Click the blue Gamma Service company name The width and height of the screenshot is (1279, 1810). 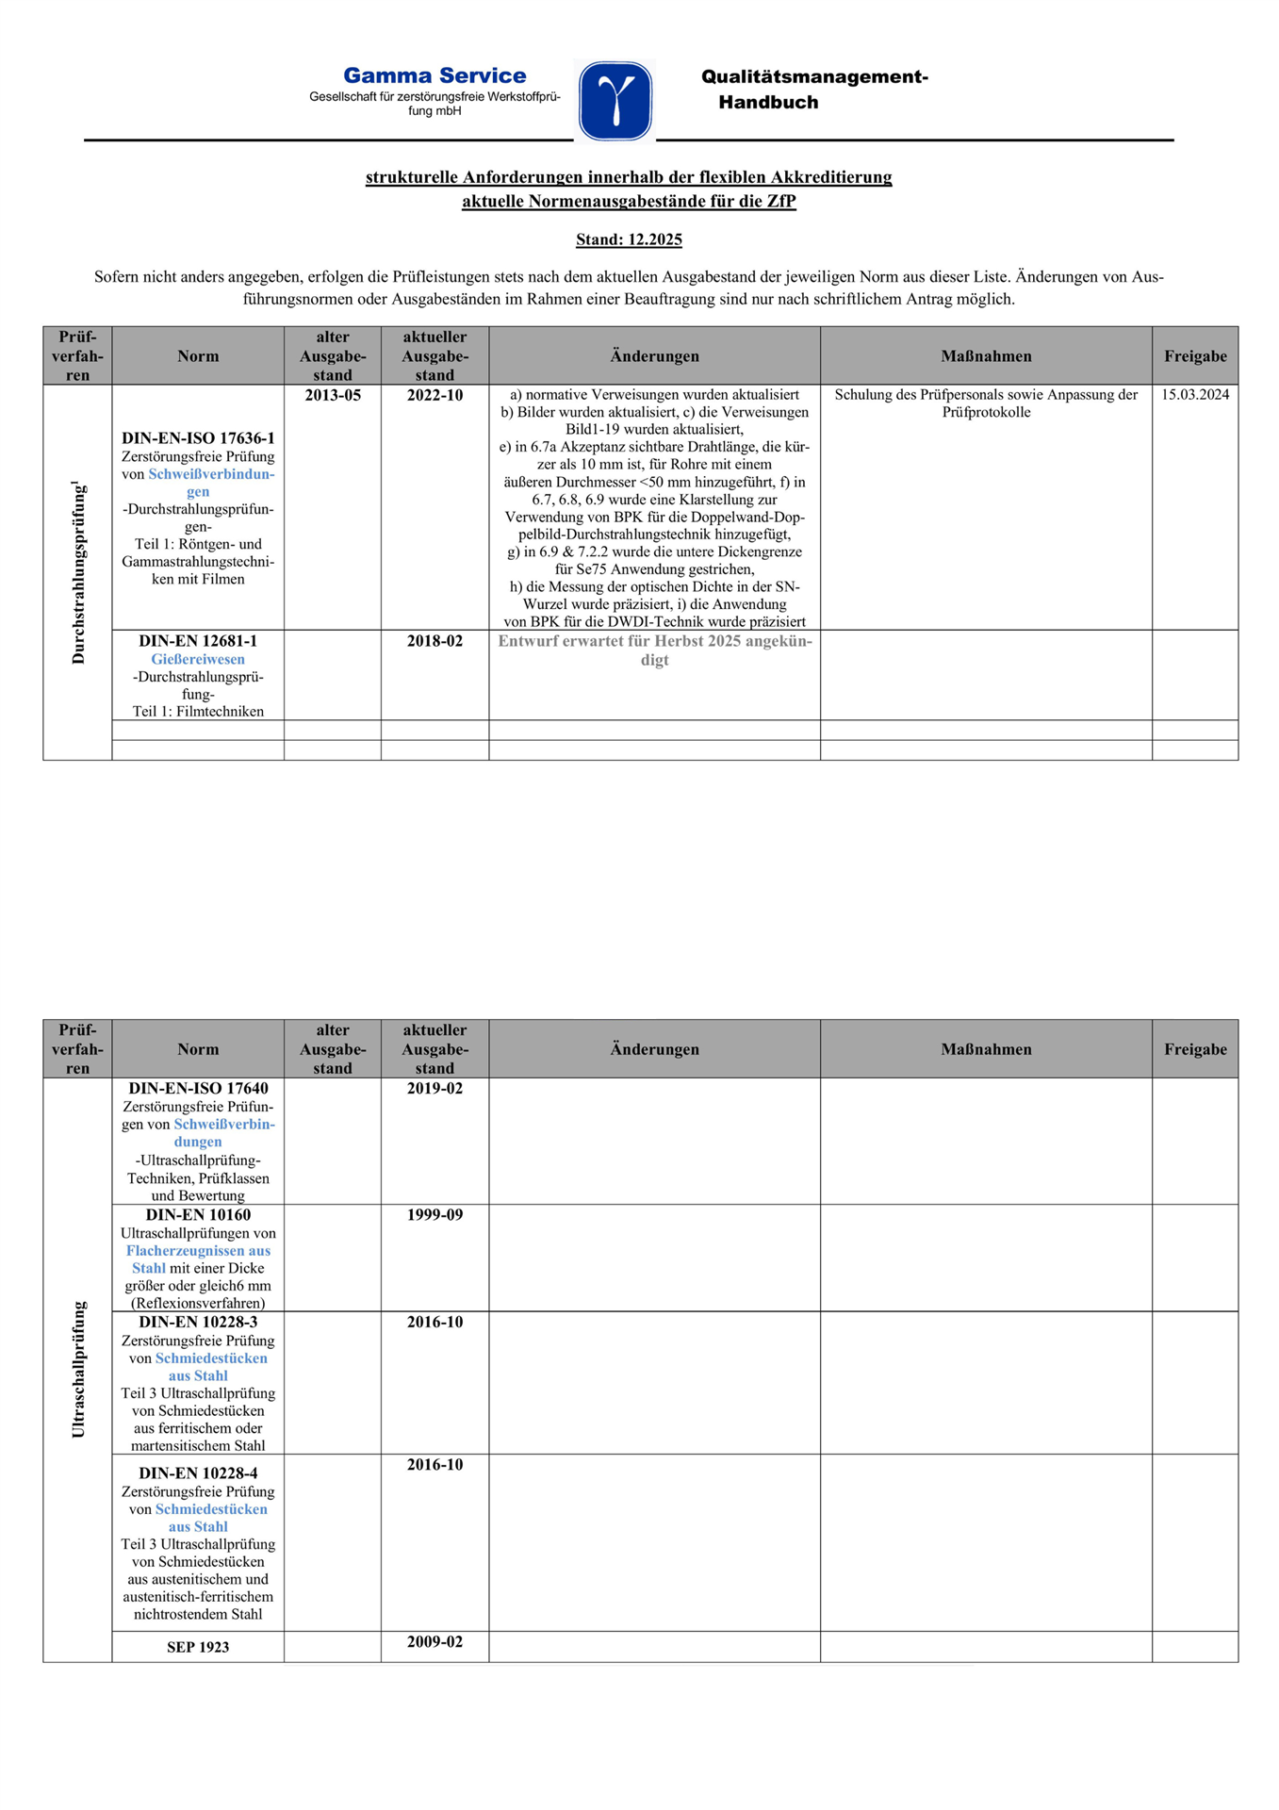(434, 75)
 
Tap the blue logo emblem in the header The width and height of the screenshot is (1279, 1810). (615, 101)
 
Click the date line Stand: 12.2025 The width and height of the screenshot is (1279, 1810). (629, 239)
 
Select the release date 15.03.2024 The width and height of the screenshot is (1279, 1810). (1194, 395)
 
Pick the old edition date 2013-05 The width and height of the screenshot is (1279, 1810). (333, 395)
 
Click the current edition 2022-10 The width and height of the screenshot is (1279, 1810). (435, 395)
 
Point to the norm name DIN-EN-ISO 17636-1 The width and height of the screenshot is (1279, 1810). (198, 438)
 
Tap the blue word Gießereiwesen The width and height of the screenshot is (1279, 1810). (198, 659)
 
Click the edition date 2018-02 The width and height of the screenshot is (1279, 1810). (435, 641)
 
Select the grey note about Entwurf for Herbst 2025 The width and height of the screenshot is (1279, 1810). (654, 650)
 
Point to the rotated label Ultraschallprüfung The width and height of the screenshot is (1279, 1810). (78, 1369)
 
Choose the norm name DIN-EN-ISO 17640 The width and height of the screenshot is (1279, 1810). (198, 1088)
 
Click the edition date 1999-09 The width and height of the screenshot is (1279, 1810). (435, 1214)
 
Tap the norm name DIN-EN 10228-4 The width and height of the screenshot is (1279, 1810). (198, 1473)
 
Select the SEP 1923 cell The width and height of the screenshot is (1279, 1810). (198, 1647)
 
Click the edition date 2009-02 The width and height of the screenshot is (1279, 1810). (435, 1641)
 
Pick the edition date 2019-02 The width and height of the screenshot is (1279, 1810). (435, 1088)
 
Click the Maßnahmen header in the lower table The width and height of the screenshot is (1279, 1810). (986, 1049)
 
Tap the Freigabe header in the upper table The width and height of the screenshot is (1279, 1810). (1194, 356)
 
